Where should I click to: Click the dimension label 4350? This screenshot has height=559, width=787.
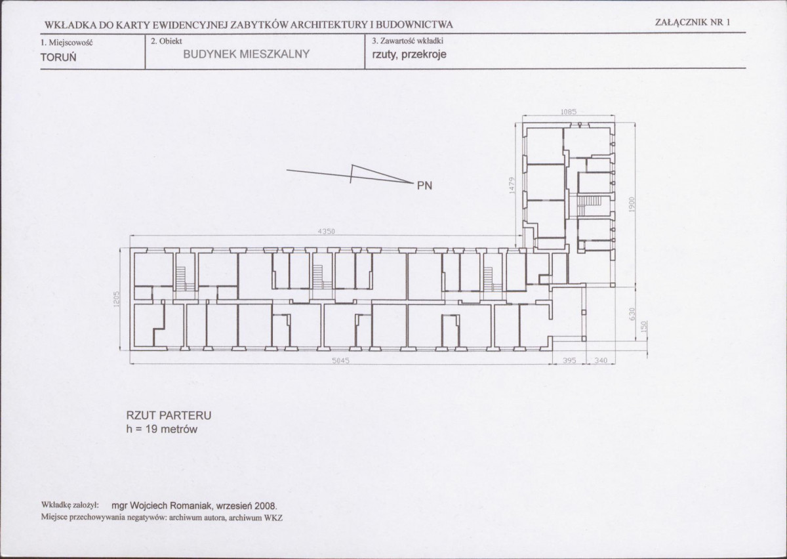(326, 232)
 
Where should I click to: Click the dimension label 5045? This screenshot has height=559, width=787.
(340, 361)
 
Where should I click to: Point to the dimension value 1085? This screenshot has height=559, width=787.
(569, 112)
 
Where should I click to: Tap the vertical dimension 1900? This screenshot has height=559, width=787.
(632, 204)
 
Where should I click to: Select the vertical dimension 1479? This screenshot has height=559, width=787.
(512, 185)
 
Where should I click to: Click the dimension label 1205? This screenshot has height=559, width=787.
(117, 299)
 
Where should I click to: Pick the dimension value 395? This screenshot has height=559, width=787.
(569, 360)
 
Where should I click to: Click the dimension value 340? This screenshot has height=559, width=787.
(601, 360)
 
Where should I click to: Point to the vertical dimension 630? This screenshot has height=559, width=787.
(632, 314)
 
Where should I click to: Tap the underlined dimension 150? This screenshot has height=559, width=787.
(644, 327)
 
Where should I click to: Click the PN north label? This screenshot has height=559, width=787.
(424, 186)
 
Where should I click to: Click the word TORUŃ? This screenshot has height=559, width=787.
(58, 57)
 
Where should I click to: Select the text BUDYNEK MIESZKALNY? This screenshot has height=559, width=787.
(247, 54)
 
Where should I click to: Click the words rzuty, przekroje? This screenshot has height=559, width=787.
(409, 55)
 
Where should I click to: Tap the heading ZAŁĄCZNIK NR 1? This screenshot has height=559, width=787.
(693, 22)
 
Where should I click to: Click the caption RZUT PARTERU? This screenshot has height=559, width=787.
(169, 415)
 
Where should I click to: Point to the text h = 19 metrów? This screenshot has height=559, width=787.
(162, 429)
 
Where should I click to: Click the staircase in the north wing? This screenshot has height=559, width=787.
(590, 205)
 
